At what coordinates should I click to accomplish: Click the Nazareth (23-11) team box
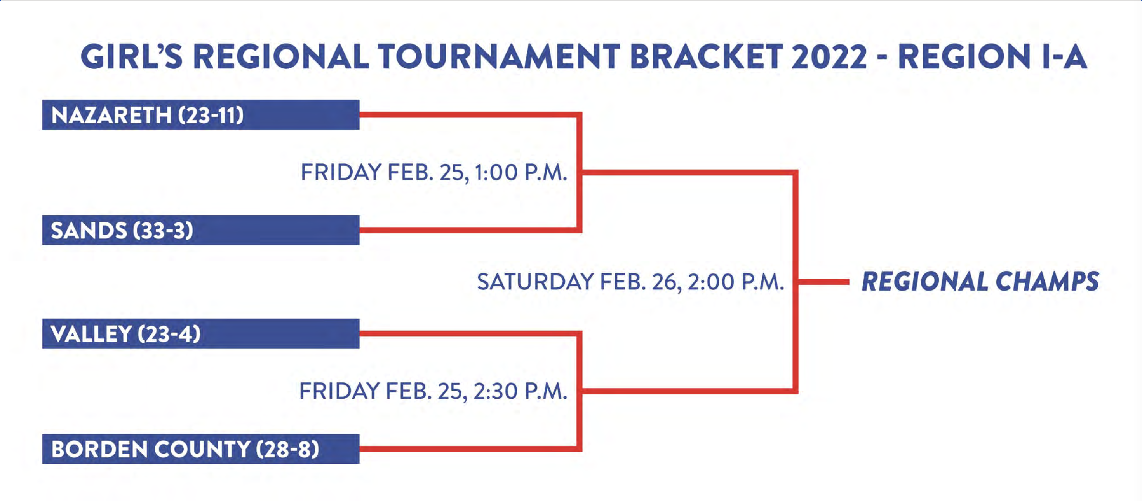click(200, 114)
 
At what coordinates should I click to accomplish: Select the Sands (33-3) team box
click(200, 230)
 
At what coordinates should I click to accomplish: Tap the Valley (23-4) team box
click(200, 333)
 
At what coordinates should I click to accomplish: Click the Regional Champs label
click(980, 282)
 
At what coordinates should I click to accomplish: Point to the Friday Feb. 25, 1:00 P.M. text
click(434, 173)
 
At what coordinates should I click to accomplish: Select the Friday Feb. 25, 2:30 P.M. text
click(433, 391)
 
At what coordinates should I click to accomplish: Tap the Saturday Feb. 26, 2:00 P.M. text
click(630, 282)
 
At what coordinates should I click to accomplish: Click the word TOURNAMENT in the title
click(498, 57)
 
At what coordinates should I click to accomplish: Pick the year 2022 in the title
click(829, 57)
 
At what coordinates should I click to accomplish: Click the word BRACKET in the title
click(706, 57)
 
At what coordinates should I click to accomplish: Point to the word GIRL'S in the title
click(132, 57)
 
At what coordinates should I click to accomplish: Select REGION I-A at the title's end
click(992, 57)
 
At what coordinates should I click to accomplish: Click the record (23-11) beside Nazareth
click(211, 115)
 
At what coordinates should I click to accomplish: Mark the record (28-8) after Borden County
click(288, 449)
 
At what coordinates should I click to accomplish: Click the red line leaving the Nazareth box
click(470, 114)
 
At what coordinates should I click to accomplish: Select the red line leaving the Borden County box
click(470, 448)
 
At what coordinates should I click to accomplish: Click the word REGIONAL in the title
click(280, 57)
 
